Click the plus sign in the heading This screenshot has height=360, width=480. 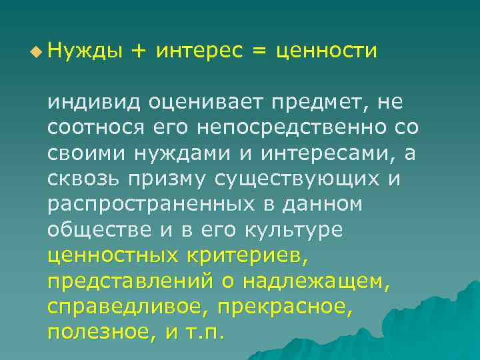(137, 50)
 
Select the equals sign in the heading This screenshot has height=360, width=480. (255, 50)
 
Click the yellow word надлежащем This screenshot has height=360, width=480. (313, 281)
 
